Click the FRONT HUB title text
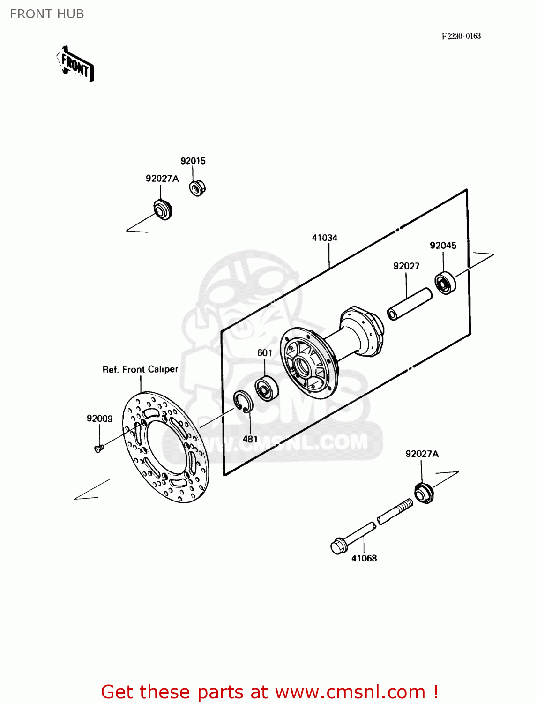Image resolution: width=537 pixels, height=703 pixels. click(47, 14)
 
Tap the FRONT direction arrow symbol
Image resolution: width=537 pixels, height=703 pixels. click(75, 64)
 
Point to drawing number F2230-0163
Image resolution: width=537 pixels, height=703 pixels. click(461, 36)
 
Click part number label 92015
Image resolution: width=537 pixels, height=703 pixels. click(193, 161)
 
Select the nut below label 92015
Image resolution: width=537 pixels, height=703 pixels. click(197, 188)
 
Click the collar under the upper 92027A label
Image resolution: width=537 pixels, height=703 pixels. click(163, 209)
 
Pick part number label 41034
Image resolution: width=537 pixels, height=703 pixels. click(325, 238)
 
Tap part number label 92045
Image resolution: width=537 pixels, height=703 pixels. click(443, 245)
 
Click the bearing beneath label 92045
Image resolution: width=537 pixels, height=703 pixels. click(445, 283)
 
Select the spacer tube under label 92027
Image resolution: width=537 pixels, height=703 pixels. click(409, 304)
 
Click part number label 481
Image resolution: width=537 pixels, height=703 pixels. click(250, 439)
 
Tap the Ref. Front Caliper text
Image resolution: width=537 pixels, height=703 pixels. click(140, 369)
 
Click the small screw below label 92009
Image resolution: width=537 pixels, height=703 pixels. click(98, 449)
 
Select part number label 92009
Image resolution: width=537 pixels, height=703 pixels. click(99, 419)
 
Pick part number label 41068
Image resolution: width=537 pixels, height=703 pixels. click(364, 558)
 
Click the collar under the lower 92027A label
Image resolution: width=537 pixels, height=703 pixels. click(424, 494)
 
